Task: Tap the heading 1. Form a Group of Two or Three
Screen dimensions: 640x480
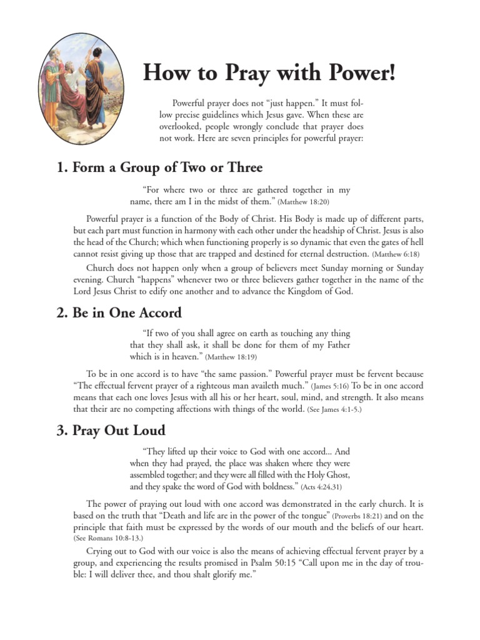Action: click(x=159, y=167)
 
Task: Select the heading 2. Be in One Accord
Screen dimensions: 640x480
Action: click(x=119, y=314)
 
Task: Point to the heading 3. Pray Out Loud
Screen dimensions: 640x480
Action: click(x=111, y=430)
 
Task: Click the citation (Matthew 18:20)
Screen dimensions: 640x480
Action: click(x=304, y=202)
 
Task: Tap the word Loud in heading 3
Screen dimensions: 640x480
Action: click(x=149, y=430)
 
